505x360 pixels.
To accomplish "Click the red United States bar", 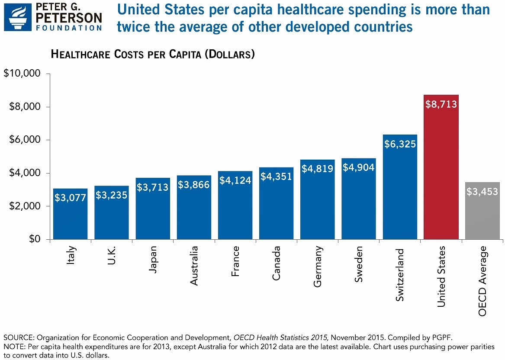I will click(x=441, y=173).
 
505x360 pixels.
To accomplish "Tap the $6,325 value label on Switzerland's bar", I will click(x=399, y=144).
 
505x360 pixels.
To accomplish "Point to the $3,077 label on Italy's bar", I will click(x=70, y=198).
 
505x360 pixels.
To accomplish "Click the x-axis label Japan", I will click(x=153, y=260).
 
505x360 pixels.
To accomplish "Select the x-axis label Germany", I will click(x=318, y=266).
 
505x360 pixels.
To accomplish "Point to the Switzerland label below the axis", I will click(x=400, y=275).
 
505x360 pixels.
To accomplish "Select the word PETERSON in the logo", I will click(x=69, y=18).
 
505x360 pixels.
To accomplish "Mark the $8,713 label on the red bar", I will click(x=441, y=104).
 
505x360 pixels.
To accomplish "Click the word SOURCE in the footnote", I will click(x=16, y=337).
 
